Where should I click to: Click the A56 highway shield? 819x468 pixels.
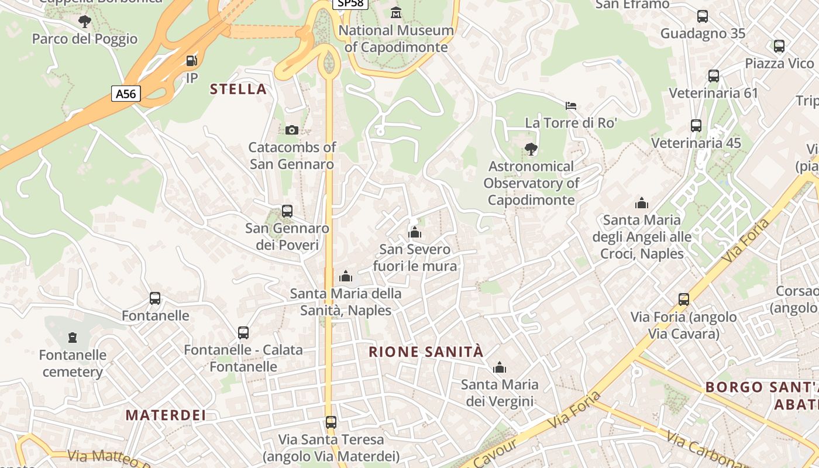click(126, 94)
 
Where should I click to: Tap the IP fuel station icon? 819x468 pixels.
click(191, 61)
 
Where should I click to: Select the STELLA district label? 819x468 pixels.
click(238, 90)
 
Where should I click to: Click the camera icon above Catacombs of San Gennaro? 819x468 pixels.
click(291, 130)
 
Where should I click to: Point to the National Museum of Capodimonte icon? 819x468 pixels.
click(396, 12)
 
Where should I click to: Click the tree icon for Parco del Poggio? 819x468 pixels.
click(85, 22)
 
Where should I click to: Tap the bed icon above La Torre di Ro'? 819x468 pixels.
click(571, 106)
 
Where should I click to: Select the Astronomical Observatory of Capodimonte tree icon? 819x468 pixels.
click(531, 149)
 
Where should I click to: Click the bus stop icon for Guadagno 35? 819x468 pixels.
click(703, 16)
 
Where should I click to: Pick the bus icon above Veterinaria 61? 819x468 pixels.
click(714, 76)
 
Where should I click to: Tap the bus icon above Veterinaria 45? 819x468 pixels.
click(696, 126)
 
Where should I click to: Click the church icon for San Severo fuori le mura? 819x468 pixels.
click(415, 233)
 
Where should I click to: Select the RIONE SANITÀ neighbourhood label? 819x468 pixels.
click(426, 352)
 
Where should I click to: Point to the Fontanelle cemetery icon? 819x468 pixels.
click(73, 338)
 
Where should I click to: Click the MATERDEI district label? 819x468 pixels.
click(166, 415)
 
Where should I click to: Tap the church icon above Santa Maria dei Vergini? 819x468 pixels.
click(500, 368)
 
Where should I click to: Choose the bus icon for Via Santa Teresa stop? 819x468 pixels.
click(331, 422)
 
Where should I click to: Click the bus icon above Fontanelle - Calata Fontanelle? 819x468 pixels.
click(243, 333)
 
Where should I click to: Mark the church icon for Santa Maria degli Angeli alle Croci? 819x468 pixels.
click(642, 204)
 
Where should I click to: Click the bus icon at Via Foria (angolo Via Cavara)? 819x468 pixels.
click(684, 300)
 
